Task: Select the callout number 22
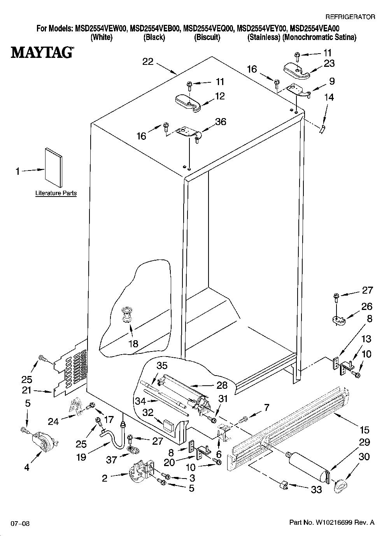point(148,62)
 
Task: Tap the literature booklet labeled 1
point(53,167)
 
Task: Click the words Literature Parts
point(56,193)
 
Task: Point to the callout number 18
point(133,344)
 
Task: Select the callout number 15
point(364,430)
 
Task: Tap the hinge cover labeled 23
point(296,71)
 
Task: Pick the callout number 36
point(221,122)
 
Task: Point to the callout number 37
point(112,459)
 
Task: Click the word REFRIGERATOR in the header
point(350,17)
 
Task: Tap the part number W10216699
point(332,522)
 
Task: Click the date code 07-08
point(20,522)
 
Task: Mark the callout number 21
point(26,390)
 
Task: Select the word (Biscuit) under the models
point(207,37)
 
